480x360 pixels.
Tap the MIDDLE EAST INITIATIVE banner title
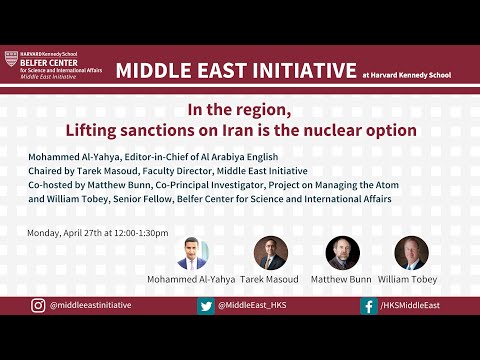[236, 70]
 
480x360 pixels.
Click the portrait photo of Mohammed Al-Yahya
[192, 253]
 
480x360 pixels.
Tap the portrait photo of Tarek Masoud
[270, 253]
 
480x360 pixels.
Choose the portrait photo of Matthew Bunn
[342, 253]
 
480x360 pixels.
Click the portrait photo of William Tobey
[411, 253]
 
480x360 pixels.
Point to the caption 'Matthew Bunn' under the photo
[342, 279]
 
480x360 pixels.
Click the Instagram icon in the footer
[38, 306]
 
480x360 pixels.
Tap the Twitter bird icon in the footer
[205, 306]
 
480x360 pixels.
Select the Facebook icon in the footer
[369, 306]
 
